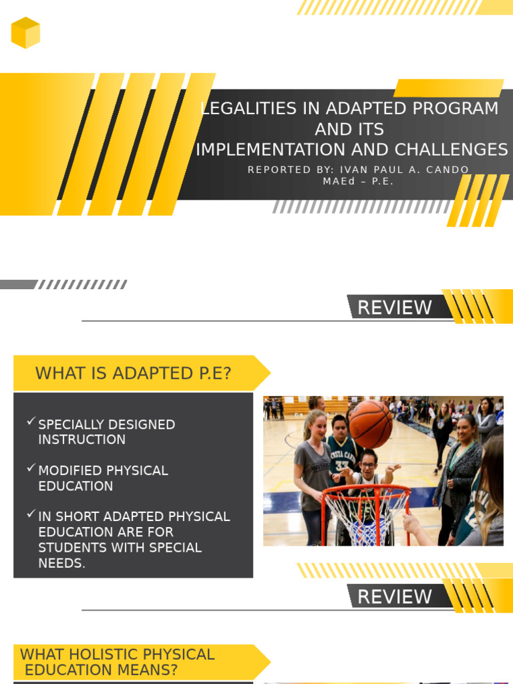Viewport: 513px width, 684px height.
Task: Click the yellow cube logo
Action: (x=25, y=33)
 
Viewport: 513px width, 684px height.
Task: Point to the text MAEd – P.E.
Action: (x=358, y=182)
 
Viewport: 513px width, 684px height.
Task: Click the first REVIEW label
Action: (x=395, y=307)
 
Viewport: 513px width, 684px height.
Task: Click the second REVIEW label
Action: (x=395, y=596)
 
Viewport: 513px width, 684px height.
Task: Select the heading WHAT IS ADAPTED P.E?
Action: (x=133, y=373)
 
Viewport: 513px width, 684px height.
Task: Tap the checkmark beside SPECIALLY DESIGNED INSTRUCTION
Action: (x=31, y=422)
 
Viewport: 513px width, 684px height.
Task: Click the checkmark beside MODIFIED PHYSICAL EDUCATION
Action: (x=31, y=468)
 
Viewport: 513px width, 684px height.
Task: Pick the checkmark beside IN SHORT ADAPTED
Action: (x=31, y=514)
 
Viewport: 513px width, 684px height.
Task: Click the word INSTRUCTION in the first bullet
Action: (x=81, y=440)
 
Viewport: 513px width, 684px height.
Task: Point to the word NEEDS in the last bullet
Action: (x=61, y=563)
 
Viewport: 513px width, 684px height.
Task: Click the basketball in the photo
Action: (x=371, y=424)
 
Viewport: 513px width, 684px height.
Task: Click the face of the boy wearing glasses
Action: (x=368, y=460)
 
